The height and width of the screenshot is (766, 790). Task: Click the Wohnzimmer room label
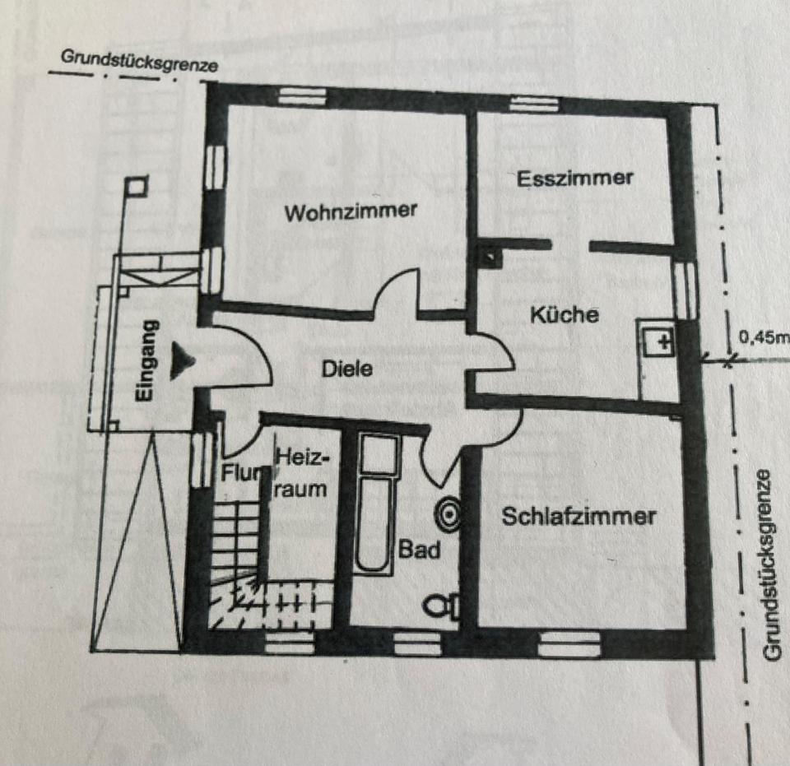tap(351, 212)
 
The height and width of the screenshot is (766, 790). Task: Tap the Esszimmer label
tap(575, 177)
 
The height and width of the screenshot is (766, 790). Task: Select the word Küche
tap(564, 314)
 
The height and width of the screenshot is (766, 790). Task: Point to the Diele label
tap(346, 369)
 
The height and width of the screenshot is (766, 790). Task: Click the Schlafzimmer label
tap(579, 517)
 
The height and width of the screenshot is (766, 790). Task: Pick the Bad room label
tap(420, 549)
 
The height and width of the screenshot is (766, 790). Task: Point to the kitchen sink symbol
tap(658, 341)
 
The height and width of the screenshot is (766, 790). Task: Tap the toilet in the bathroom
tap(442, 606)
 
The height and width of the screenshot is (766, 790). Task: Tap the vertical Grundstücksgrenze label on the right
tap(770, 564)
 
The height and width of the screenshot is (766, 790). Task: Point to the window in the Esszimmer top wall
tap(523, 103)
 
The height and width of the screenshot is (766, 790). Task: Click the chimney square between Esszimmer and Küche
tap(490, 257)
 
